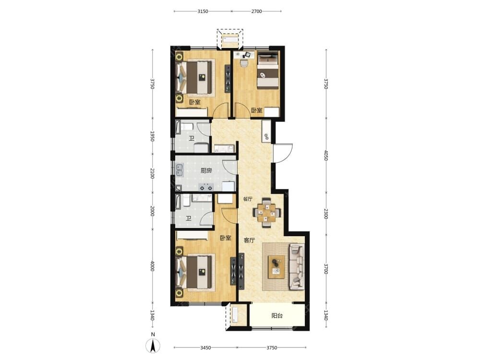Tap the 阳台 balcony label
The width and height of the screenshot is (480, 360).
(277, 316)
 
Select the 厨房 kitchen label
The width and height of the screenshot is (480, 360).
(206, 170)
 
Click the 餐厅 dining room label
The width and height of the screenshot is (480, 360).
(247, 199)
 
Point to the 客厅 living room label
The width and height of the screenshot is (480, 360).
(250, 240)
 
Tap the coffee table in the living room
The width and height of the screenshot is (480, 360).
(276, 267)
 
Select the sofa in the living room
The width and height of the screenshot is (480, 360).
(296, 266)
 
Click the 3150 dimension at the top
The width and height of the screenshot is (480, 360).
(203, 12)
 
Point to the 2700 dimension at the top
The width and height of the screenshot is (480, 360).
(256, 12)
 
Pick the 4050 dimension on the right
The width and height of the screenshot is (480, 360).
(326, 156)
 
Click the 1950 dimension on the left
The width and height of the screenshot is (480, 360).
(152, 136)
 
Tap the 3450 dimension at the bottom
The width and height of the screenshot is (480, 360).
(205, 348)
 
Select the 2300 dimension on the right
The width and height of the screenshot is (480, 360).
(326, 214)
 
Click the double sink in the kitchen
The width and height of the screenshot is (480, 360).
(179, 170)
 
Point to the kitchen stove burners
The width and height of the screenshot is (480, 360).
(206, 187)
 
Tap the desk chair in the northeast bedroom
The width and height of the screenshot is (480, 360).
(244, 63)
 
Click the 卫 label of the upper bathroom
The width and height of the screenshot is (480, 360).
(192, 138)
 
